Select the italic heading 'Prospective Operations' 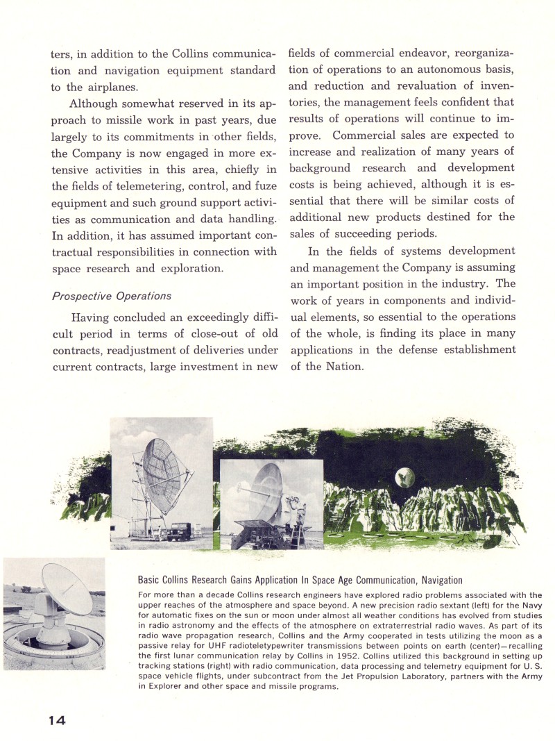(111, 295)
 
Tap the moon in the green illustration (404, 477)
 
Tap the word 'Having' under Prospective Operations (93, 317)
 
